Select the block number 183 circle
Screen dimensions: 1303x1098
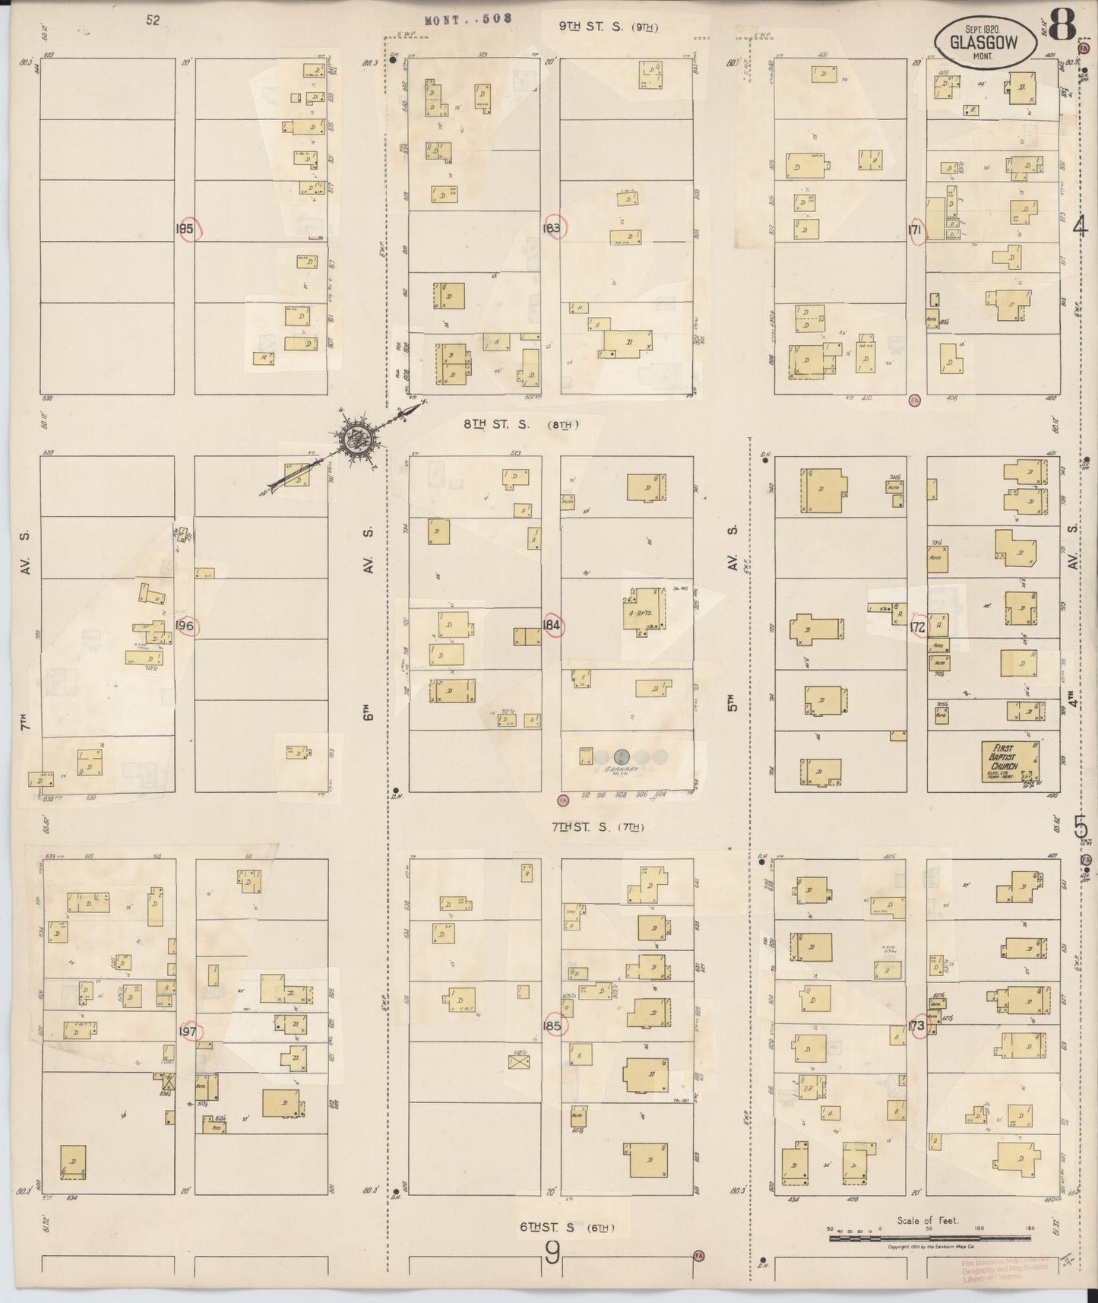click(x=553, y=228)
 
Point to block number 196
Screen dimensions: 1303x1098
click(x=186, y=626)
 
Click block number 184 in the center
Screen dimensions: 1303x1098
click(x=552, y=626)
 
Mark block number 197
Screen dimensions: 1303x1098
click(x=188, y=1032)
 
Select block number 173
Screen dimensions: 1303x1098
click(x=917, y=1026)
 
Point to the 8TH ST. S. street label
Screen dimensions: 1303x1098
click(x=521, y=426)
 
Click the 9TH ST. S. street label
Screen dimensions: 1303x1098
click(x=608, y=27)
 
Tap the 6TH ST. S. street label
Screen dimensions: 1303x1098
click(x=567, y=1228)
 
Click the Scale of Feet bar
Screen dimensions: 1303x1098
click(x=927, y=1238)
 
